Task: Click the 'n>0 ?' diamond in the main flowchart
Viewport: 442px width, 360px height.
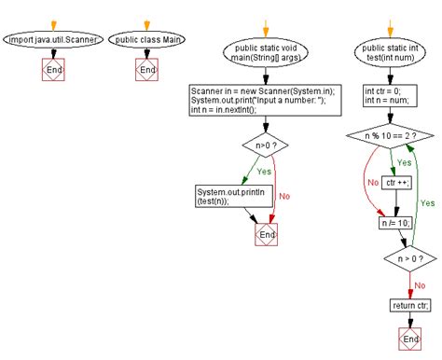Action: click(x=267, y=145)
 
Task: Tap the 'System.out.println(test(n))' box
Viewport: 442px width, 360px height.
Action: click(x=224, y=195)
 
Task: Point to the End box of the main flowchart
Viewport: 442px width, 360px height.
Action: click(x=267, y=235)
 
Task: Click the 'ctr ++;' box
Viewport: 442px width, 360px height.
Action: click(x=396, y=182)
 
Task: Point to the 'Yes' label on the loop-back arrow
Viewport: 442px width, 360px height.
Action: click(x=427, y=202)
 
